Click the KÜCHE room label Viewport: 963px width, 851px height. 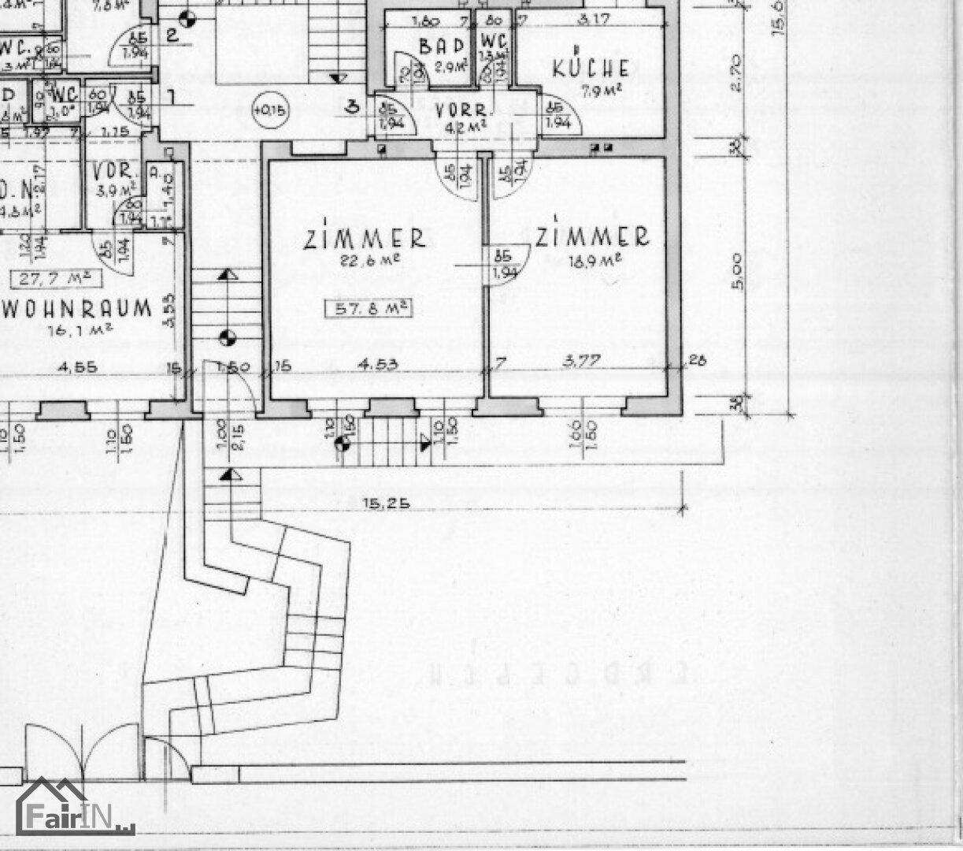coord(591,68)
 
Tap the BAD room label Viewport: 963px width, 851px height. coord(436,46)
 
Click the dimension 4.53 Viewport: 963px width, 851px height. coord(375,364)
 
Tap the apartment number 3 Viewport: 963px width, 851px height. coord(353,106)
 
